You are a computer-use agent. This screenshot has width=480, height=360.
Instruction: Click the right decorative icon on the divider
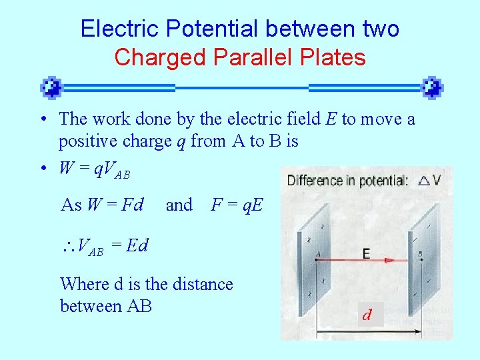(432, 87)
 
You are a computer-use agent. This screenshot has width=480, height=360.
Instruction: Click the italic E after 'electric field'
(331, 119)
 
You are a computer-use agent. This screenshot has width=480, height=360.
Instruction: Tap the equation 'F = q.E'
(237, 205)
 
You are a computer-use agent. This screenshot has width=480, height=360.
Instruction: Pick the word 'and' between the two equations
(179, 205)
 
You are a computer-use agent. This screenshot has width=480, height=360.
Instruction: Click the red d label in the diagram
(367, 315)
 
